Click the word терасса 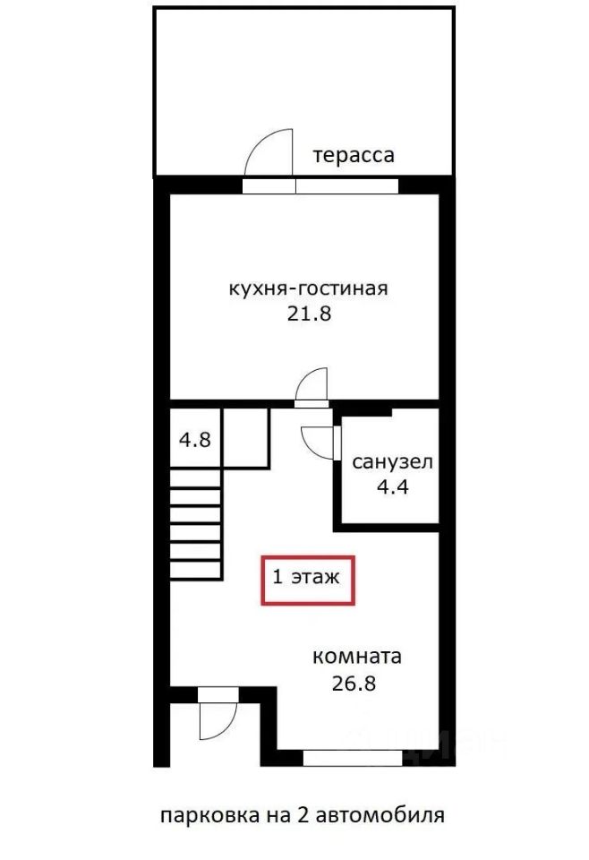[x=354, y=155]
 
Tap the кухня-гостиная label [x=308, y=288]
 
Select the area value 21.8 [x=310, y=314]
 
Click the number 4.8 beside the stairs [x=195, y=439]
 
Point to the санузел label [x=392, y=462]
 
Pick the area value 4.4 [x=393, y=486]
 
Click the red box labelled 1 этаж [x=308, y=580]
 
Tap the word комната [x=356, y=657]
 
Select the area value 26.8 [x=354, y=684]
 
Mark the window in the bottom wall [x=353, y=759]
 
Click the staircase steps [x=196, y=524]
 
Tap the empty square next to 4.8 [x=245, y=437]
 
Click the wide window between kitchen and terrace [x=320, y=185]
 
